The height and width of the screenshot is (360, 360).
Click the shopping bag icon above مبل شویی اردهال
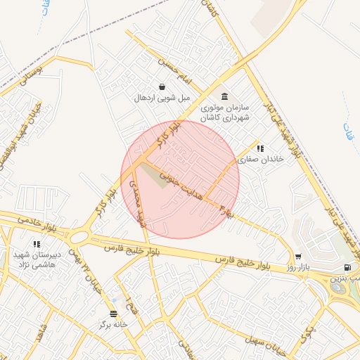click(x=162, y=87)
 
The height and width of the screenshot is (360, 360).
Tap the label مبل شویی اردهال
click(x=162, y=98)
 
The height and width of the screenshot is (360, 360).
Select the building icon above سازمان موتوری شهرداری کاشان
click(x=224, y=96)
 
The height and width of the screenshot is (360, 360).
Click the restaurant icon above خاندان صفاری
click(x=260, y=148)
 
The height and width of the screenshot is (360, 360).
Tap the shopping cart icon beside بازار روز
click(x=299, y=257)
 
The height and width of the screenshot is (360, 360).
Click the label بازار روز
click(x=299, y=268)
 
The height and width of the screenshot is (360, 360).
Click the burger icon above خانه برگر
click(x=114, y=314)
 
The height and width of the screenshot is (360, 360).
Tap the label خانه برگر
click(x=114, y=325)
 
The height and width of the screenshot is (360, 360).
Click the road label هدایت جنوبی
click(x=182, y=184)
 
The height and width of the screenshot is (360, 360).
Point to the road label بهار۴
click(x=227, y=210)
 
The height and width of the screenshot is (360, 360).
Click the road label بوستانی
click(x=32, y=77)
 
